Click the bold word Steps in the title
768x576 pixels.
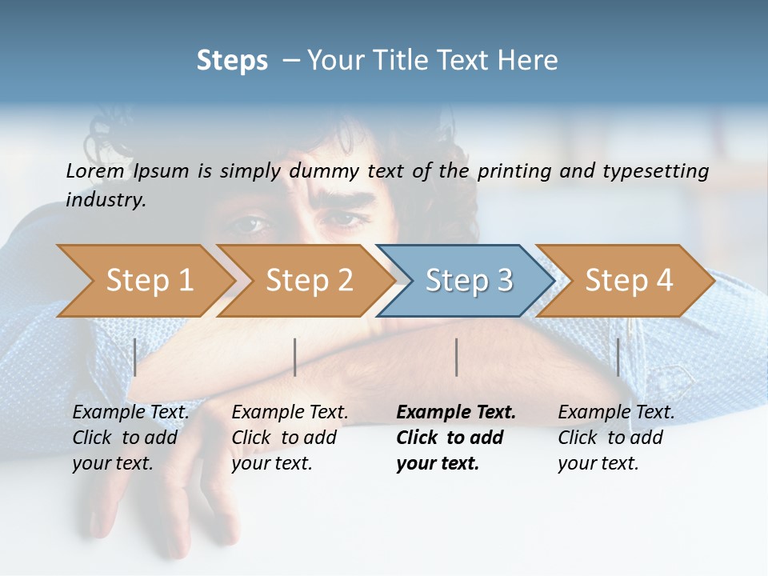[x=232, y=61]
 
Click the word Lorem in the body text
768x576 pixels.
[x=95, y=170]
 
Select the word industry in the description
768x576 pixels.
[x=105, y=200]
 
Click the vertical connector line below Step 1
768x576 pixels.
[x=135, y=357]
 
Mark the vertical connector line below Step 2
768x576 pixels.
[x=295, y=357]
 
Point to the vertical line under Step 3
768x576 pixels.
[x=457, y=357]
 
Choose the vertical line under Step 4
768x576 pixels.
[x=618, y=357]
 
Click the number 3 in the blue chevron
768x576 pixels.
[x=504, y=281]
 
